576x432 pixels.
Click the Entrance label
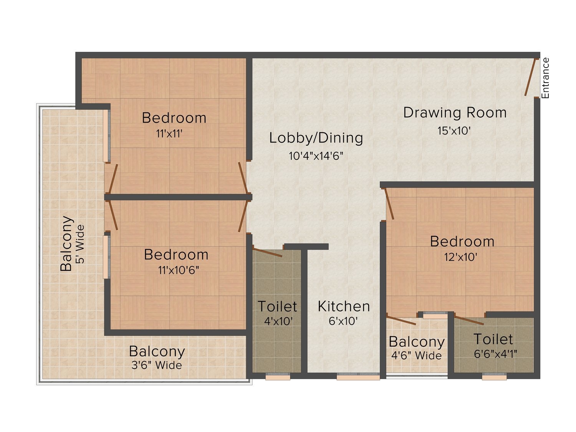tap(545, 78)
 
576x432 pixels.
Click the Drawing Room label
tap(455, 113)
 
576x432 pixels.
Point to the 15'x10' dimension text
tap(454, 131)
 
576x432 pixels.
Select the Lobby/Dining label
tap(316, 138)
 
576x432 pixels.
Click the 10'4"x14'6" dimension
tap(316, 156)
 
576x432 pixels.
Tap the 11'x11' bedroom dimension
tap(169, 134)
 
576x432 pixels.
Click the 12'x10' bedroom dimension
tap(460, 257)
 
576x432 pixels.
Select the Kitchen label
tap(344, 306)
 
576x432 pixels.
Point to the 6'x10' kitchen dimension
tap(343, 321)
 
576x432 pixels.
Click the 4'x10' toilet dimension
tap(278, 321)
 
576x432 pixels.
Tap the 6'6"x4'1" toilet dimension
tap(495, 354)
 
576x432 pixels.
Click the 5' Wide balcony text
tap(80, 244)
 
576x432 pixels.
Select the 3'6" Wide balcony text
tap(157, 365)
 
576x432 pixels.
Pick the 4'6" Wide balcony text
tap(417, 356)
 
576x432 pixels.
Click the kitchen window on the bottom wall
tap(358, 377)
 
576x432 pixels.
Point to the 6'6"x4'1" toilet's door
tap(469, 321)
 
